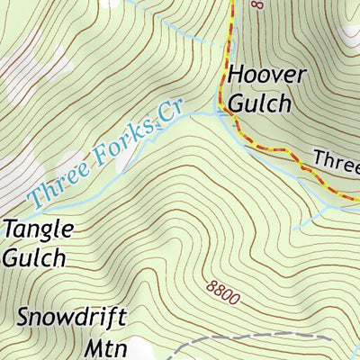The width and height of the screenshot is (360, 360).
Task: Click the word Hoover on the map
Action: click(x=266, y=75)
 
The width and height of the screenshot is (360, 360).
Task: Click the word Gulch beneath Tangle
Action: click(x=33, y=257)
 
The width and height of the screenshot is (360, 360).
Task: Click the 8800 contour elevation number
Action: click(x=222, y=291)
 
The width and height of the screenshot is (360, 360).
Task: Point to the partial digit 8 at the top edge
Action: click(x=256, y=4)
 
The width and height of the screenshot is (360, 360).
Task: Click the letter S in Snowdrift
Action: click(x=23, y=319)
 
